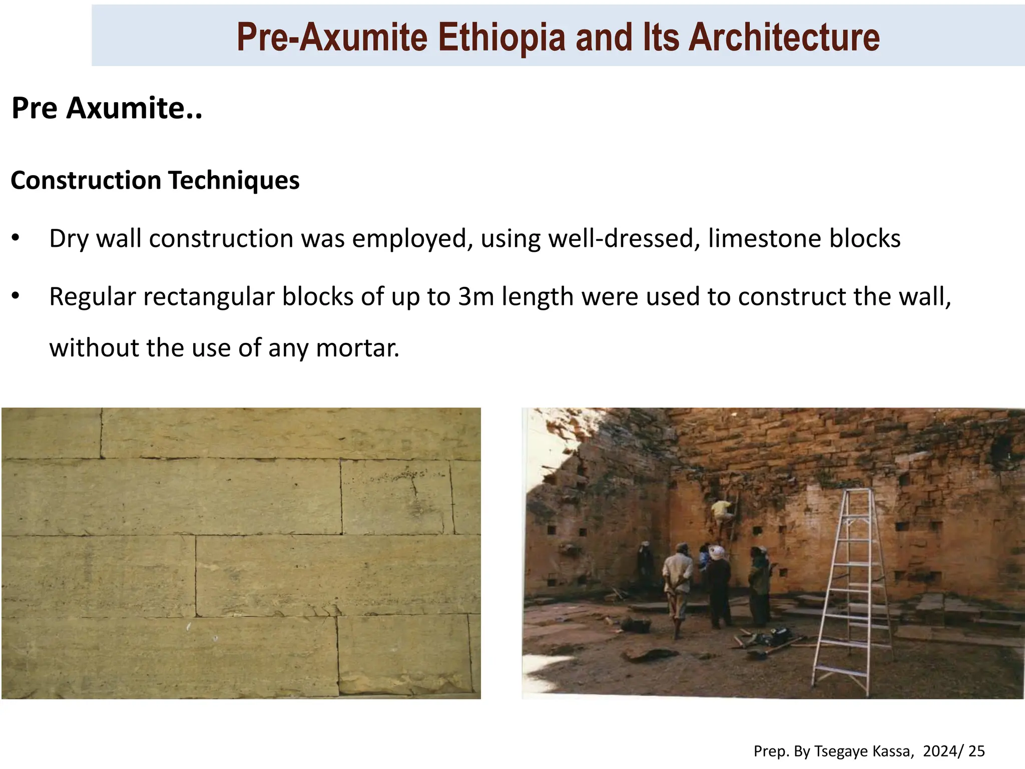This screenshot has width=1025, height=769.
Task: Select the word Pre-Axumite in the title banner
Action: coord(332,38)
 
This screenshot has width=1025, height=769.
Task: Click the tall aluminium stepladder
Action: coord(851,586)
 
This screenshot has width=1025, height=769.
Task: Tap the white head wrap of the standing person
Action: coord(717,552)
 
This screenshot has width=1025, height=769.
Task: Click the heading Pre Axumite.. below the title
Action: coord(107,108)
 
